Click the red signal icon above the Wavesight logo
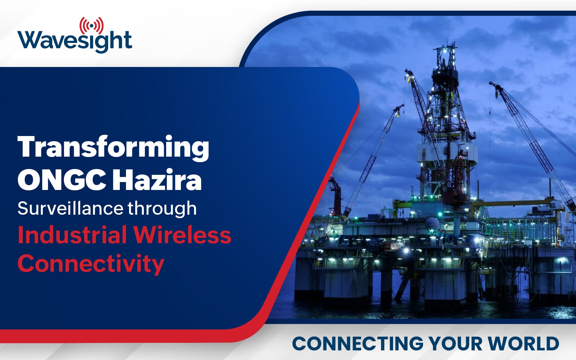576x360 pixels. click(x=92, y=25)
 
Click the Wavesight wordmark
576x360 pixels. click(x=74, y=42)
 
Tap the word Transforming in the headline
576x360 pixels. click(x=113, y=148)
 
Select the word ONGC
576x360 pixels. click(x=62, y=180)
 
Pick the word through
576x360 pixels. click(x=162, y=209)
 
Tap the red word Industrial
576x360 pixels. click(x=72, y=235)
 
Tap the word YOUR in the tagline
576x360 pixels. click(x=455, y=344)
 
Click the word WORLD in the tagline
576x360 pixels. click(x=523, y=344)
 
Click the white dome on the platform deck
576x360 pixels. click(x=432, y=223)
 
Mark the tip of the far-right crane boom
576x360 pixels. click(x=492, y=83)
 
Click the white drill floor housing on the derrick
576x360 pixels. click(x=447, y=152)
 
